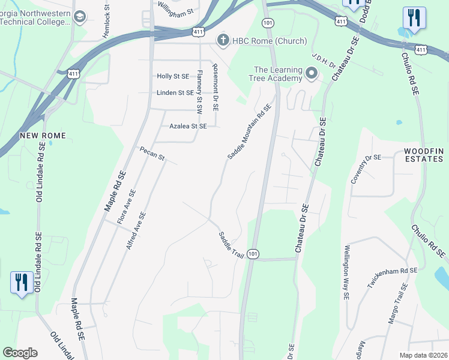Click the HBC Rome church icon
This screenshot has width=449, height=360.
coord(223,41)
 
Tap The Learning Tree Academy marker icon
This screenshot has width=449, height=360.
coord(311,74)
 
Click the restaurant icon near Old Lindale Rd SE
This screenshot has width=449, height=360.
coord(22,281)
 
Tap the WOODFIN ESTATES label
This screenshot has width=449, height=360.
coord(423,154)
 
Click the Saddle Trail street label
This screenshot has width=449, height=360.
coord(231,245)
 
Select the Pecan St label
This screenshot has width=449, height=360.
coord(152,154)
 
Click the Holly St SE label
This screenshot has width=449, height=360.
coord(172,77)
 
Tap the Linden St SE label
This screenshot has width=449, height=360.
coord(175,93)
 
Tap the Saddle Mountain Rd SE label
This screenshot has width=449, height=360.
coord(250,131)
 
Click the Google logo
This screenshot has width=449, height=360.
coord(20,353)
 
